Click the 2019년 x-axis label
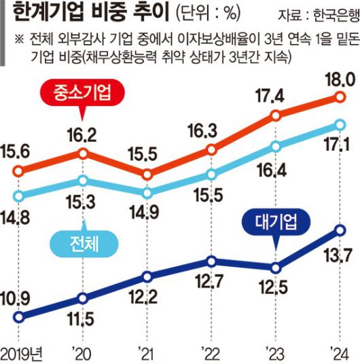pyautogui.click(x=23, y=352)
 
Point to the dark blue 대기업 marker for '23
pyautogui.click(x=275, y=267)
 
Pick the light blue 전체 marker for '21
pyautogui.click(x=148, y=192)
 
